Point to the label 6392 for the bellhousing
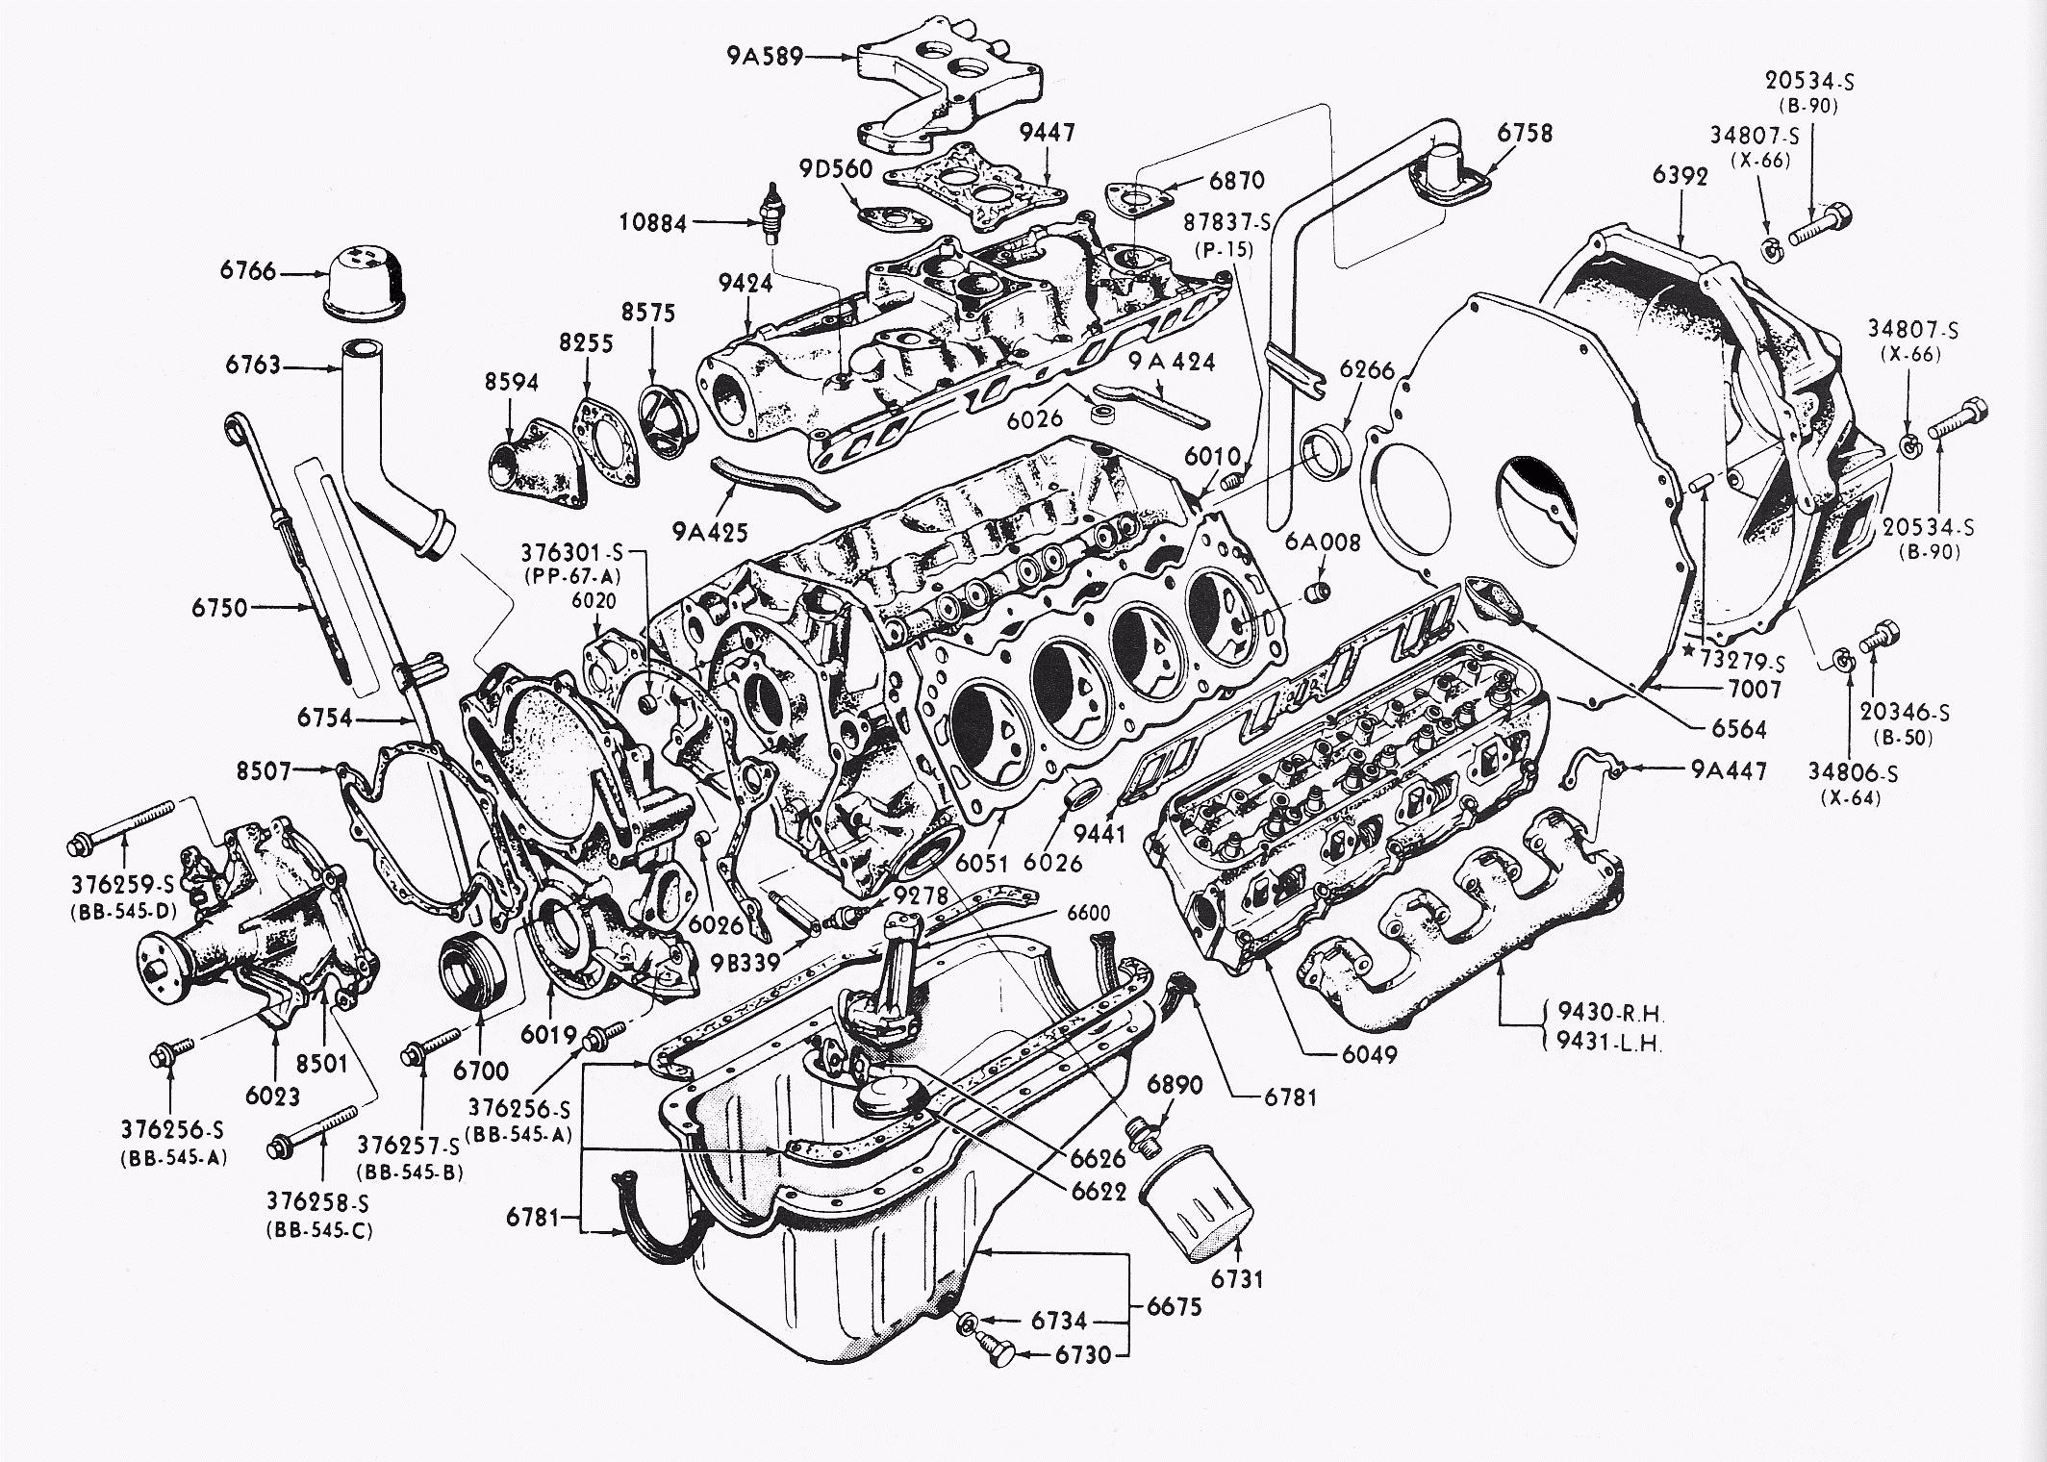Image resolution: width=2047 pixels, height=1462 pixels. [x=1681, y=175]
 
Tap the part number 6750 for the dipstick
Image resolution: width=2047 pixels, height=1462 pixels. [x=219, y=608]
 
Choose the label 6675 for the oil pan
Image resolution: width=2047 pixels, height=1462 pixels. [x=1173, y=1307]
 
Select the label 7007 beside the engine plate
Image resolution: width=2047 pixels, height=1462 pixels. [x=1754, y=689]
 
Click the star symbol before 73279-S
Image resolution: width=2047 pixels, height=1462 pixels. [x=1687, y=651]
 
